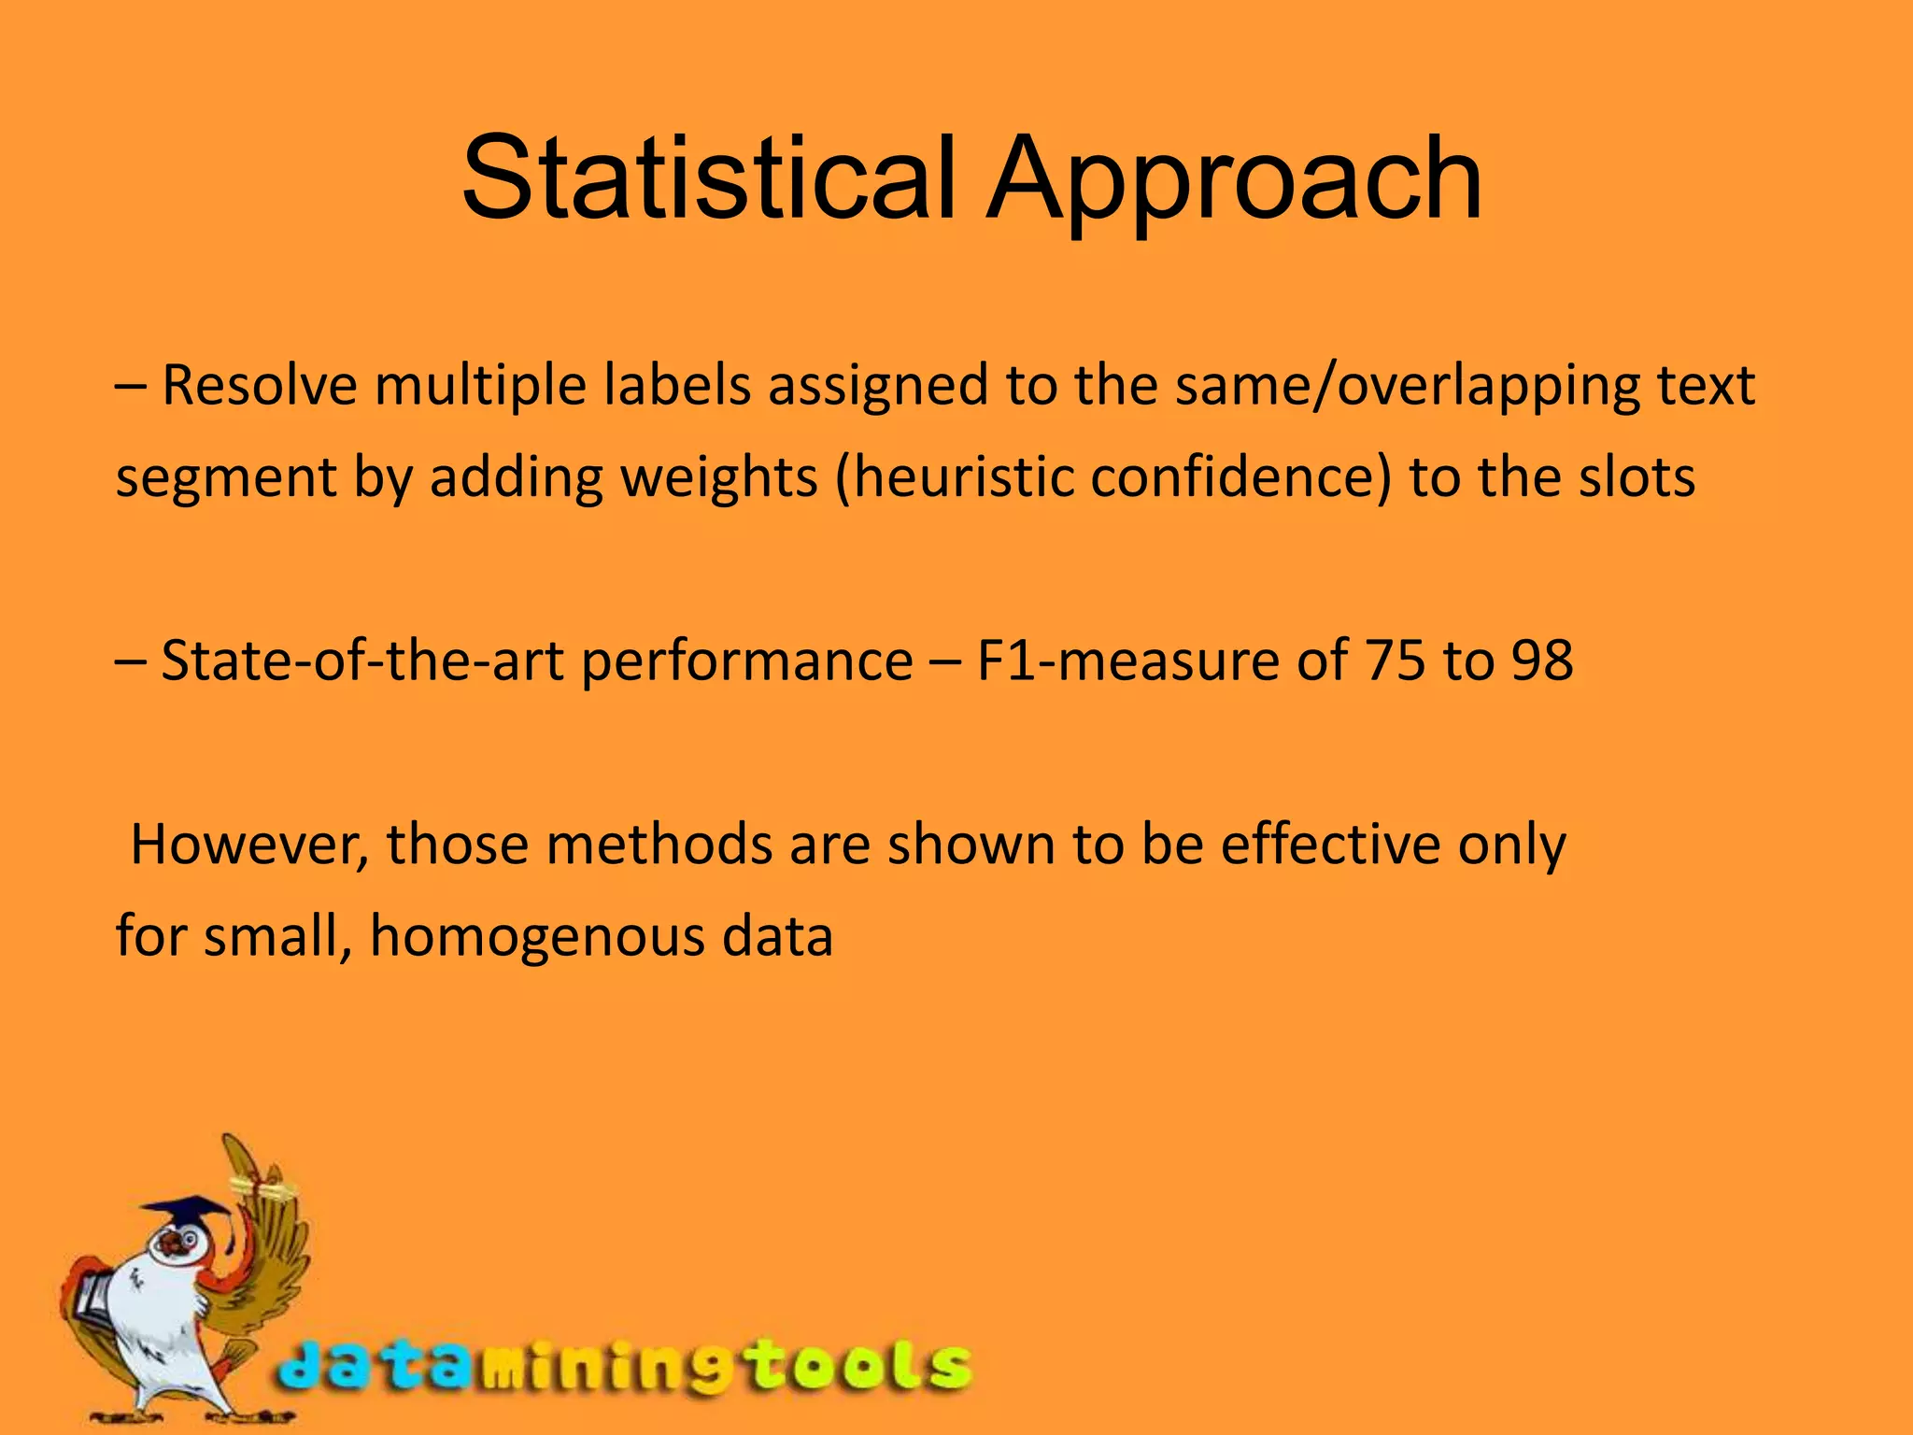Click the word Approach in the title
[x=1235, y=179]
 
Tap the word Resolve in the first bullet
[x=260, y=385]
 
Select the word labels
[x=677, y=385]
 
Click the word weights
[x=719, y=477]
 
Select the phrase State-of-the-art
[x=362, y=661]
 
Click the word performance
[x=747, y=661]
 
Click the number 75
[x=1396, y=661]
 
